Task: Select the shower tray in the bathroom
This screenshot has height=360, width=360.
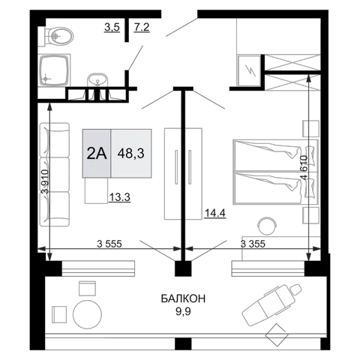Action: coord(55,70)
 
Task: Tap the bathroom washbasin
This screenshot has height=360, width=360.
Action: coord(98,80)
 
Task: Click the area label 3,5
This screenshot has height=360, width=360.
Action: coord(112,27)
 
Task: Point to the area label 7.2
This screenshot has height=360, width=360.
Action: coord(142,27)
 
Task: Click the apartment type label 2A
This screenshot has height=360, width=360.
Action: coord(97,153)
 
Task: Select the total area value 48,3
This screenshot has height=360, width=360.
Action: coord(131,153)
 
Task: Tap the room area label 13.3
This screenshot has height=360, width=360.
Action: coord(119,197)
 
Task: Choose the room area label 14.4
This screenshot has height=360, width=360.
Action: coord(215,213)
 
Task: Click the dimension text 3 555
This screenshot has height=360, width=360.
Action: coord(109,244)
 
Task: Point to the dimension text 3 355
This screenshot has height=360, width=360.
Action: coord(253,244)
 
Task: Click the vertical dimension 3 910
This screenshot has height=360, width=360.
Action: coord(45,181)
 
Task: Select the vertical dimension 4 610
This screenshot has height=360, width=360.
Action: coord(304,168)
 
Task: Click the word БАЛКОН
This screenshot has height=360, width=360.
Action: coord(183,298)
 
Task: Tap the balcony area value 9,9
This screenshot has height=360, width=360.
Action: coord(183,311)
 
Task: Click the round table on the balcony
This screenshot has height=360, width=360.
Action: coord(88,314)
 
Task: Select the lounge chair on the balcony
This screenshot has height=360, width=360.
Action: coord(272,304)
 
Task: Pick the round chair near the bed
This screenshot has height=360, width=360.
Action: coord(268,226)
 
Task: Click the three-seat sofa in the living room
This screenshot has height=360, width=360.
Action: coord(55,175)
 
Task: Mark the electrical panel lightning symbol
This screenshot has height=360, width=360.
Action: coord(250,70)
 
